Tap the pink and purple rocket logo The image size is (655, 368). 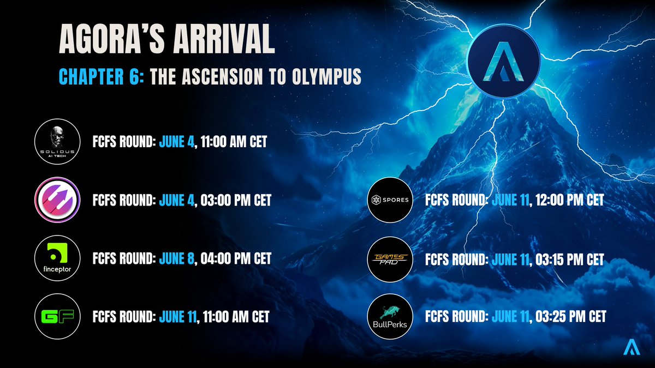pyautogui.click(x=57, y=200)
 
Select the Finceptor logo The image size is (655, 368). pyautogui.click(x=57, y=258)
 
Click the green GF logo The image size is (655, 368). pyautogui.click(x=57, y=316)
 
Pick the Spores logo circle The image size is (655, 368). pyautogui.click(x=389, y=200)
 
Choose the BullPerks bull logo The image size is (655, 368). pyautogui.click(x=389, y=316)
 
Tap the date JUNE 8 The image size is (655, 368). pyautogui.click(x=177, y=258)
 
